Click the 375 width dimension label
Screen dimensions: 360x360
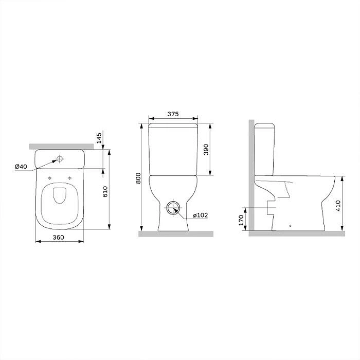(173, 114)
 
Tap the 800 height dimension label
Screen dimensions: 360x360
(138, 178)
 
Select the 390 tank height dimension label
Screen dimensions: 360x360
(206, 150)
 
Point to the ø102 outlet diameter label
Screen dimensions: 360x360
(200, 215)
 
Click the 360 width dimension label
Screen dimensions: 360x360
(58, 237)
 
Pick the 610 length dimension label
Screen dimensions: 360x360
(105, 192)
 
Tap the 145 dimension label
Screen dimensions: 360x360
(99, 138)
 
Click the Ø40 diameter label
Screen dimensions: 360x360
(21, 167)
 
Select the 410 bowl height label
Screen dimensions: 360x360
(338, 206)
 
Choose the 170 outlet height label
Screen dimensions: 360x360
(241, 220)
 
